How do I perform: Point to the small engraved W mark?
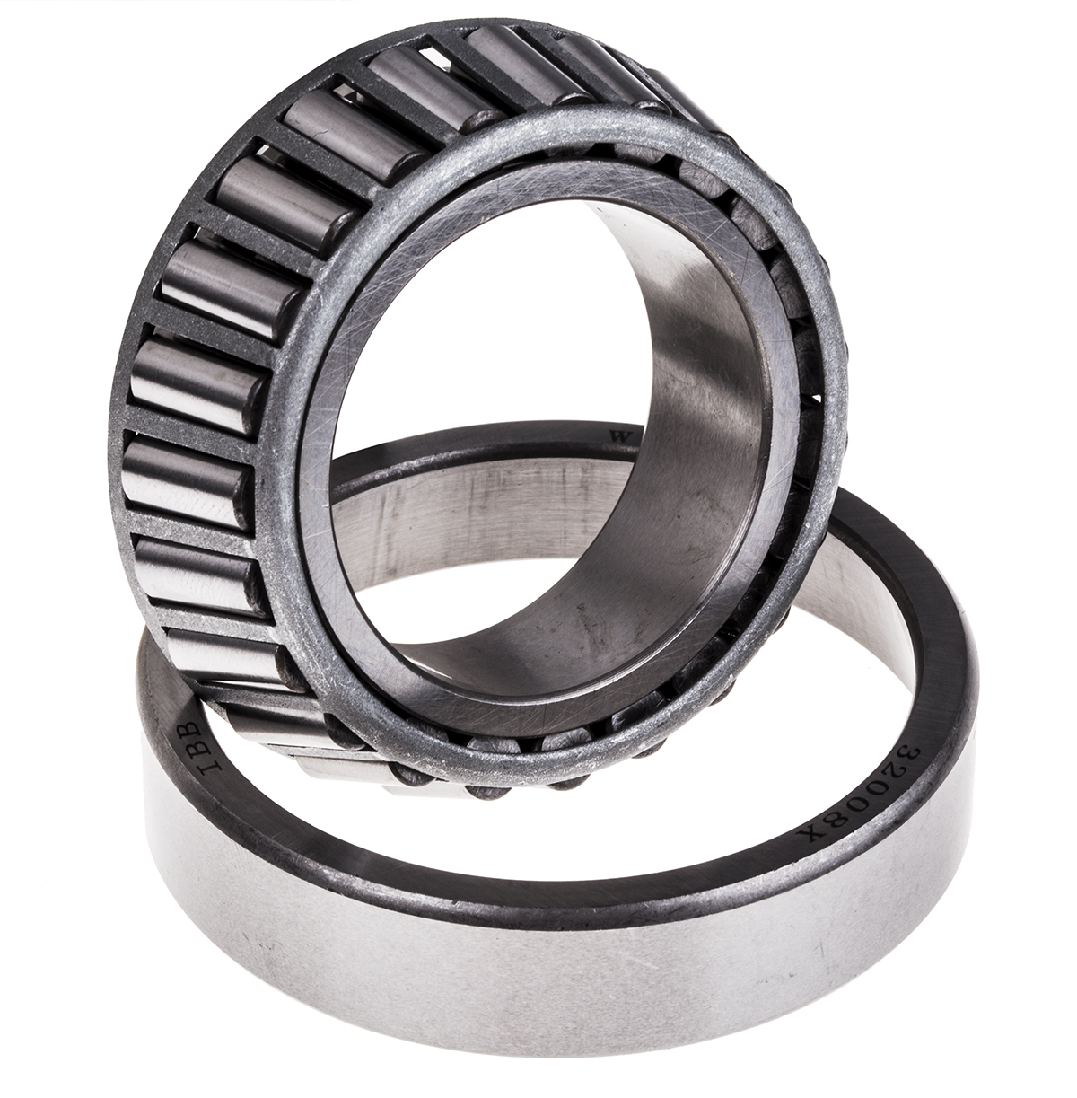(617, 435)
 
